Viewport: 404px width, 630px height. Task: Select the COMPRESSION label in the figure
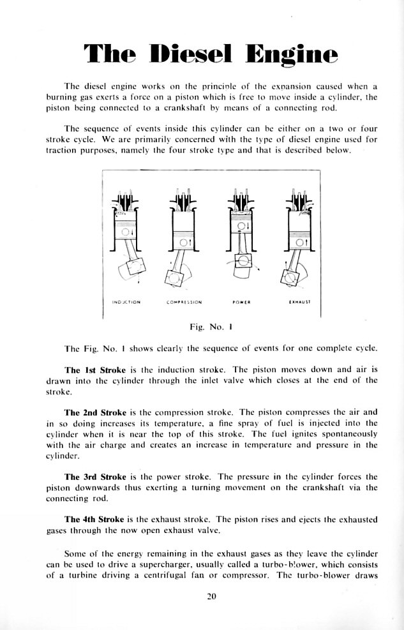point(184,303)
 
